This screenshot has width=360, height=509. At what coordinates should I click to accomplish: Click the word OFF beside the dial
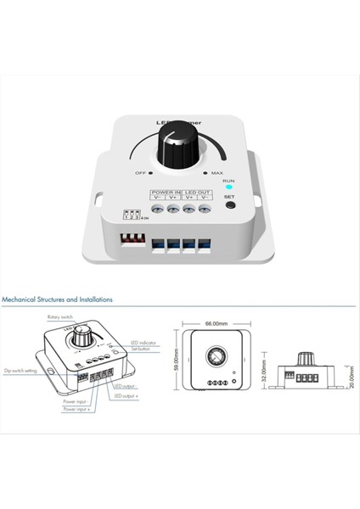point(142,173)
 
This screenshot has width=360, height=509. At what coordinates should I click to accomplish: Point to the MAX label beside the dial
point(217,173)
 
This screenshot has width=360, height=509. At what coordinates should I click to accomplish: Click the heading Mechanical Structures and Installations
point(57,299)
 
